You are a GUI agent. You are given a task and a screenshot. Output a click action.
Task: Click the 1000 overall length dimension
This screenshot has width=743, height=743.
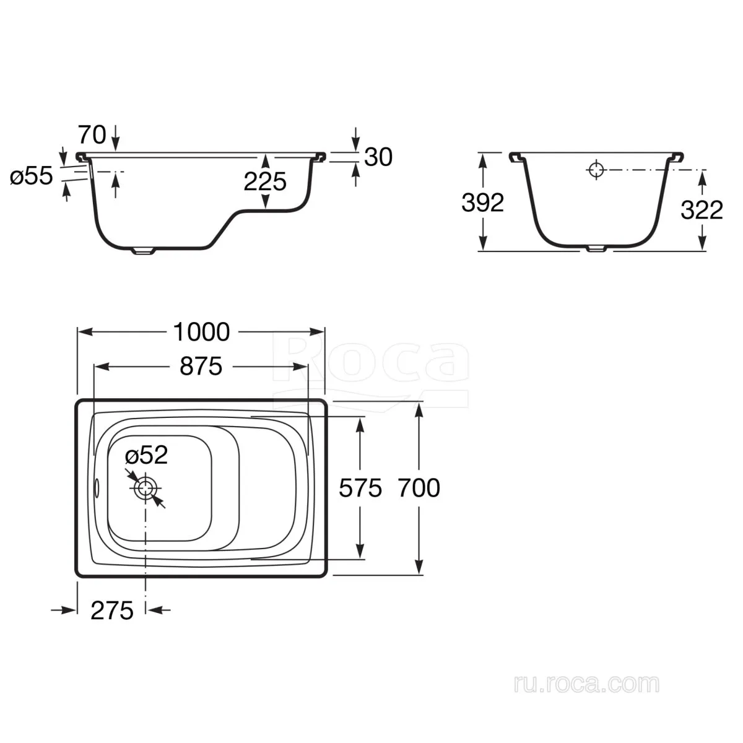[201, 332]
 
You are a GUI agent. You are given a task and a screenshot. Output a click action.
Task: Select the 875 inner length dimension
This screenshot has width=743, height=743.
[201, 367]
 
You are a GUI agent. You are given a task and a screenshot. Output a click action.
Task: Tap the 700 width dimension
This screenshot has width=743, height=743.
[419, 488]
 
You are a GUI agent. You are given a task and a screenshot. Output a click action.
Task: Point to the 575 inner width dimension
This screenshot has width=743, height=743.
[360, 488]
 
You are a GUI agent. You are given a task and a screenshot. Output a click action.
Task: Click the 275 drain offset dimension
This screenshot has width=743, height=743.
[112, 610]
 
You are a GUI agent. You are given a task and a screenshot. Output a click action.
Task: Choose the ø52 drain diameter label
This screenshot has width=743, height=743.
[147, 455]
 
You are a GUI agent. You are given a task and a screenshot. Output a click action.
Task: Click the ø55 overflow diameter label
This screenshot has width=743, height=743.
[31, 176]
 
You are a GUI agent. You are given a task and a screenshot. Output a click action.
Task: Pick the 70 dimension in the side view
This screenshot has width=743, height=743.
[92, 135]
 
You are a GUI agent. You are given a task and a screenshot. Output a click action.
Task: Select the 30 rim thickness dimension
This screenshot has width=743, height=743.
[378, 157]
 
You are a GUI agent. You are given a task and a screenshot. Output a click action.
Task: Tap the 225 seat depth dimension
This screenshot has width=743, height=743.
[265, 181]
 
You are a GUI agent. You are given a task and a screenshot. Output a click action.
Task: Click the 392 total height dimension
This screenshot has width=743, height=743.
[483, 202]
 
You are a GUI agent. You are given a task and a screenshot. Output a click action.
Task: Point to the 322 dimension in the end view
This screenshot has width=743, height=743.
[702, 210]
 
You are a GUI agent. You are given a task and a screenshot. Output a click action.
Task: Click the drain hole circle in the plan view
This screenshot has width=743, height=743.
[146, 488]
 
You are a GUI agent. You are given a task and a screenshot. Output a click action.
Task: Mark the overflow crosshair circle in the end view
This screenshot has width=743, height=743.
[596, 170]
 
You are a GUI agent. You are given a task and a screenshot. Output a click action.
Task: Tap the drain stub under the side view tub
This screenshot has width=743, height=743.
[144, 251]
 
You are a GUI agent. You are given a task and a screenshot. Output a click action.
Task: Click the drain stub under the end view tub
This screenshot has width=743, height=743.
[596, 249]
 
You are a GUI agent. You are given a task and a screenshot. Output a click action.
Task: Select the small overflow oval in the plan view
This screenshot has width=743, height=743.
[97, 488]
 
